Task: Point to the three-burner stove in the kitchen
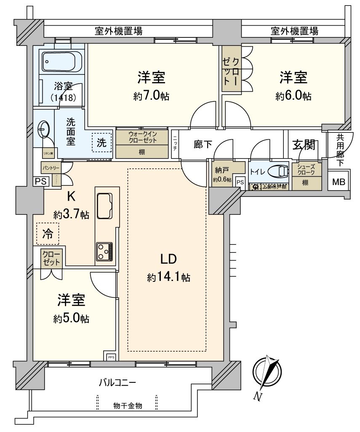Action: coord(104,251)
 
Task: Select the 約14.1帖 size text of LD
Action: coord(168,277)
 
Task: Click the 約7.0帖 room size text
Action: coord(151,96)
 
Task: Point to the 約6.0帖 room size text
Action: coord(293,96)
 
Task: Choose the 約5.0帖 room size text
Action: coord(71,318)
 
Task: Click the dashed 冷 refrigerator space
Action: coord(48,234)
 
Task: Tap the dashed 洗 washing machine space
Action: coord(102,142)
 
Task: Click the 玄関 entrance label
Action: coord(304,145)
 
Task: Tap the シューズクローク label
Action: coord(306,170)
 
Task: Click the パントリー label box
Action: coord(50,167)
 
